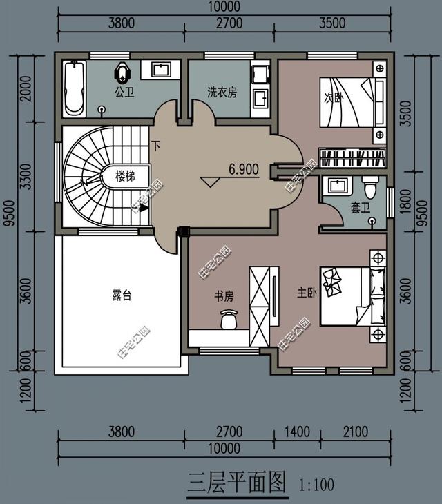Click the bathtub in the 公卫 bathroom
point(75,88)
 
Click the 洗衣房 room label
point(222,93)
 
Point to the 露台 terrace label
point(122,295)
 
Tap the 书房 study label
point(224,296)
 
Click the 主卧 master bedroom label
point(307,293)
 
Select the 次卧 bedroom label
point(334,97)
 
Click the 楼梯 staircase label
point(125,176)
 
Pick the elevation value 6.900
point(244,169)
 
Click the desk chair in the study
point(229,319)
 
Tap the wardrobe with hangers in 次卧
point(352,158)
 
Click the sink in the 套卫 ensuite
point(338,186)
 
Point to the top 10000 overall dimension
point(224,6)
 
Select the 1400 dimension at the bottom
point(298,432)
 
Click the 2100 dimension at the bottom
point(356,432)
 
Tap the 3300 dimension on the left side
point(26,177)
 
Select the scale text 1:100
point(316,485)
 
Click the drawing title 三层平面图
point(237,483)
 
